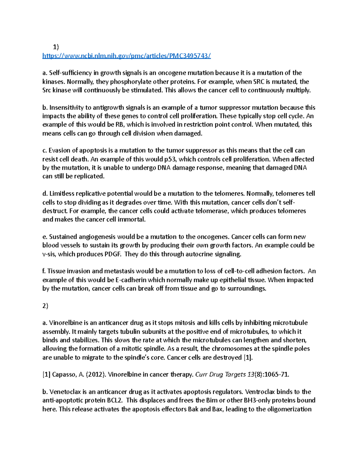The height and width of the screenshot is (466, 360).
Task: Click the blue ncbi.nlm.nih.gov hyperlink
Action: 127,56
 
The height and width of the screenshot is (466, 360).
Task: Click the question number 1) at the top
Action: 56,47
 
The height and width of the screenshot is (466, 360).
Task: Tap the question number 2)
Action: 45,306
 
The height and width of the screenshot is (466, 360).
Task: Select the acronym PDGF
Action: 113,254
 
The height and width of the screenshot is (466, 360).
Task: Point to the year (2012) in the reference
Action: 96,374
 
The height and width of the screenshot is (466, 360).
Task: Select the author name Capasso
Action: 64,374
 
